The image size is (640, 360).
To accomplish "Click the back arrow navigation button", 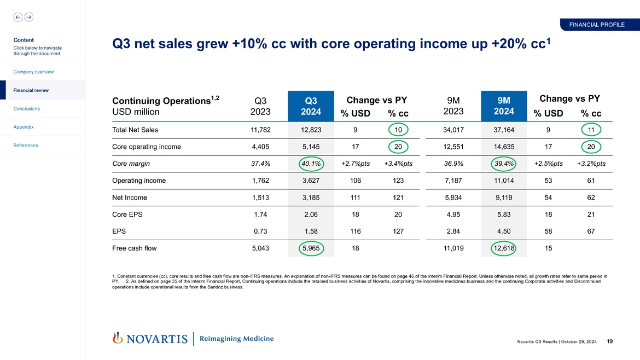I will [18, 17].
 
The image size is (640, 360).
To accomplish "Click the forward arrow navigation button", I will [28, 17].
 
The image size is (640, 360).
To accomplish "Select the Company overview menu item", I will [33, 72].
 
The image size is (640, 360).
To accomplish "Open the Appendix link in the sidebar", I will [24, 127].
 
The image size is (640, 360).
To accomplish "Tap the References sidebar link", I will [26, 145].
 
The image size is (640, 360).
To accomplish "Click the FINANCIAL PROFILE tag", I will [596, 24].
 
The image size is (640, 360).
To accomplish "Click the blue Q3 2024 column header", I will [311, 106].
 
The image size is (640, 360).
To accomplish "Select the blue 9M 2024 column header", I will [504, 106].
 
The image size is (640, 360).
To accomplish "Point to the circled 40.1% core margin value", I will [311, 164].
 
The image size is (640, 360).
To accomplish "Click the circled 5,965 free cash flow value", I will [311, 248].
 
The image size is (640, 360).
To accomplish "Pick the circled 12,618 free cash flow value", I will [504, 248].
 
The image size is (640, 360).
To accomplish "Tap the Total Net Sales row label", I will [135, 130].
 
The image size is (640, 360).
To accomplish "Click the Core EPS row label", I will [127, 214].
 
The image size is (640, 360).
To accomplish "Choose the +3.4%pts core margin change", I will [398, 164].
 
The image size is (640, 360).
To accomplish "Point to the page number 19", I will [609, 342].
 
